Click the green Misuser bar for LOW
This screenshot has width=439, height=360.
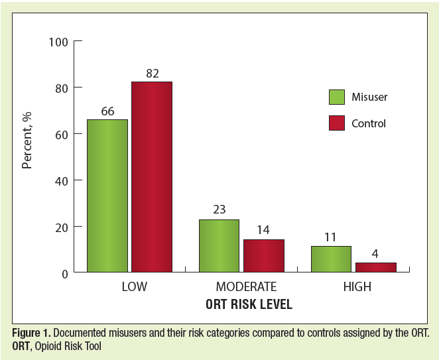tap(107, 196)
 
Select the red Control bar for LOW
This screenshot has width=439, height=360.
tap(152, 177)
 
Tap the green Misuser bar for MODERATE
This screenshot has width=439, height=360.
tap(219, 245)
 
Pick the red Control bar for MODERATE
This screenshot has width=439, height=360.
tap(263, 256)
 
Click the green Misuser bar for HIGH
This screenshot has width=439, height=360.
tap(330, 259)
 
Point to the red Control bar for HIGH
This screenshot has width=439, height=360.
tap(375, 267)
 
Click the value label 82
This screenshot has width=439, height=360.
tap(152, 73)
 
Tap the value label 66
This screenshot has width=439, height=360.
tap(107, 111)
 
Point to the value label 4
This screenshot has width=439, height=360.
tap(375, 254)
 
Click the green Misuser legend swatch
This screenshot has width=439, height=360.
tap(337, 97)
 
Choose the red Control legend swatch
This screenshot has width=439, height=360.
tap(337, 123)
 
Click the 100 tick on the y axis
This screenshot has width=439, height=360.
tap(58, 42)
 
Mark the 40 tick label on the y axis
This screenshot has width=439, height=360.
tap(61, 180)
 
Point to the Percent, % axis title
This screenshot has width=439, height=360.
tap(27, 141)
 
